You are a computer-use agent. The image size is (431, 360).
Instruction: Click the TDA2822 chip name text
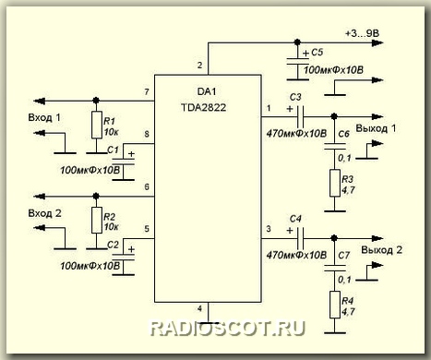pos(203,107)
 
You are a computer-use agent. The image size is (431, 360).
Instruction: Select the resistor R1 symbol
pos(97,125)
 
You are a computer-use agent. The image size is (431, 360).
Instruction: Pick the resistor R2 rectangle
pos(97,220)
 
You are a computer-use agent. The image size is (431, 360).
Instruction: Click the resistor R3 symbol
pos(335,183)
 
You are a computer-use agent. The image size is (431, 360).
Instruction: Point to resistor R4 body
pos(335,305)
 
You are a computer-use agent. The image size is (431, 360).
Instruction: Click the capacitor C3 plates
pos(300,116)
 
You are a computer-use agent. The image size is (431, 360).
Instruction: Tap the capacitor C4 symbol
pos(300,238)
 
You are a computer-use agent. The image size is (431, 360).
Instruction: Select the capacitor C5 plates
pos(297,62)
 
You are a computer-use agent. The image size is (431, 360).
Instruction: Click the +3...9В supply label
pos(363,33)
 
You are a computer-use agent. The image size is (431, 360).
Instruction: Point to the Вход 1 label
pos(44,117)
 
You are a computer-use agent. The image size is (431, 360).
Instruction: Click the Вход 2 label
pos(44,213)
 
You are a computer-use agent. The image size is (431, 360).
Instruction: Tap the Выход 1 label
pos(376,128)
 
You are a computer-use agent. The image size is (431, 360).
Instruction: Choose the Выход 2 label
pos(381,250)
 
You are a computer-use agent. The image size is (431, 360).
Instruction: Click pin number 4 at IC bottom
pos(199,308)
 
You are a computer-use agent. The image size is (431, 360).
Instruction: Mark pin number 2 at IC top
pos(199,66)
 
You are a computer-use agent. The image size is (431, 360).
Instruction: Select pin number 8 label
pos(147,134)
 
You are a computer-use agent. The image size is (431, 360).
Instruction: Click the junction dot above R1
pos(96,101)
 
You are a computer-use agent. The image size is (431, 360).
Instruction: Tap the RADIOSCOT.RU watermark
pos(227,328)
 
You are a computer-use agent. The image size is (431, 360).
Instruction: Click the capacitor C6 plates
pos(335,146)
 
